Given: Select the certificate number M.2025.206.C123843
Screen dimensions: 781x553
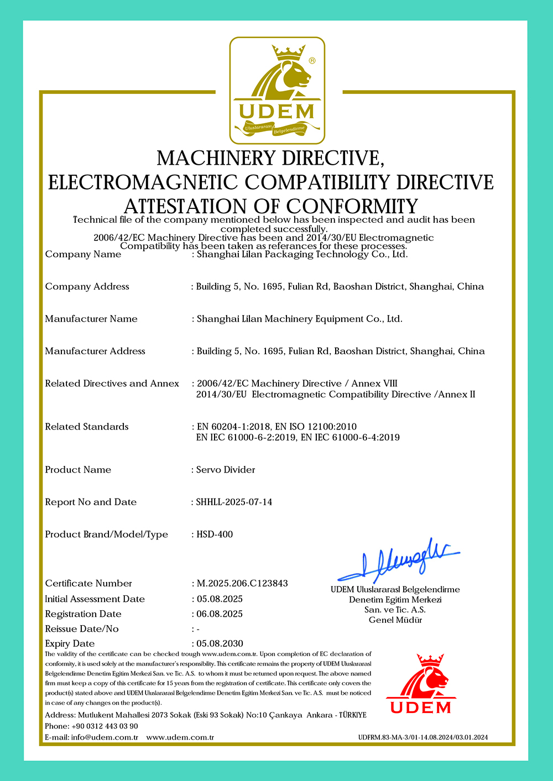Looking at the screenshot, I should click(242, 583).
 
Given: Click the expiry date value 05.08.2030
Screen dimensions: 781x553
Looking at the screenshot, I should click(220, 643).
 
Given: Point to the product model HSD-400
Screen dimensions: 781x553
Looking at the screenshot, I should click(215, 534).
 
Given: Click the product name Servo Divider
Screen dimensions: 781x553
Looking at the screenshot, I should click(226, 469).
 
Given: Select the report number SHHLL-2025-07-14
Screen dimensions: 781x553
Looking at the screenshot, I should click(234, 502).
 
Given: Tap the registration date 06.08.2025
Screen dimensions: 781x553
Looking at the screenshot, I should click(220, 614).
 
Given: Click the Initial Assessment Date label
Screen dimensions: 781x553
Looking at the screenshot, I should click(95, 599).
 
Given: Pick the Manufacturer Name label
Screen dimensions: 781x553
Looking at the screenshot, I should click(91, 318).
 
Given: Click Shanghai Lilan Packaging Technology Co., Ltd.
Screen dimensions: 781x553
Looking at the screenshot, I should click(302, 254).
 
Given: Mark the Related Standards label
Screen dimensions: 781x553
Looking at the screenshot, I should click(87, 426).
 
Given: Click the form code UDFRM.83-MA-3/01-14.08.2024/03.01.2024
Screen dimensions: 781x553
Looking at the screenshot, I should click(423, 737).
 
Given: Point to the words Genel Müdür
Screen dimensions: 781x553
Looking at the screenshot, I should click(395, 620).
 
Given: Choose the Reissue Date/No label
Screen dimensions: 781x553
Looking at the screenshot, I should click(82, 628).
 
